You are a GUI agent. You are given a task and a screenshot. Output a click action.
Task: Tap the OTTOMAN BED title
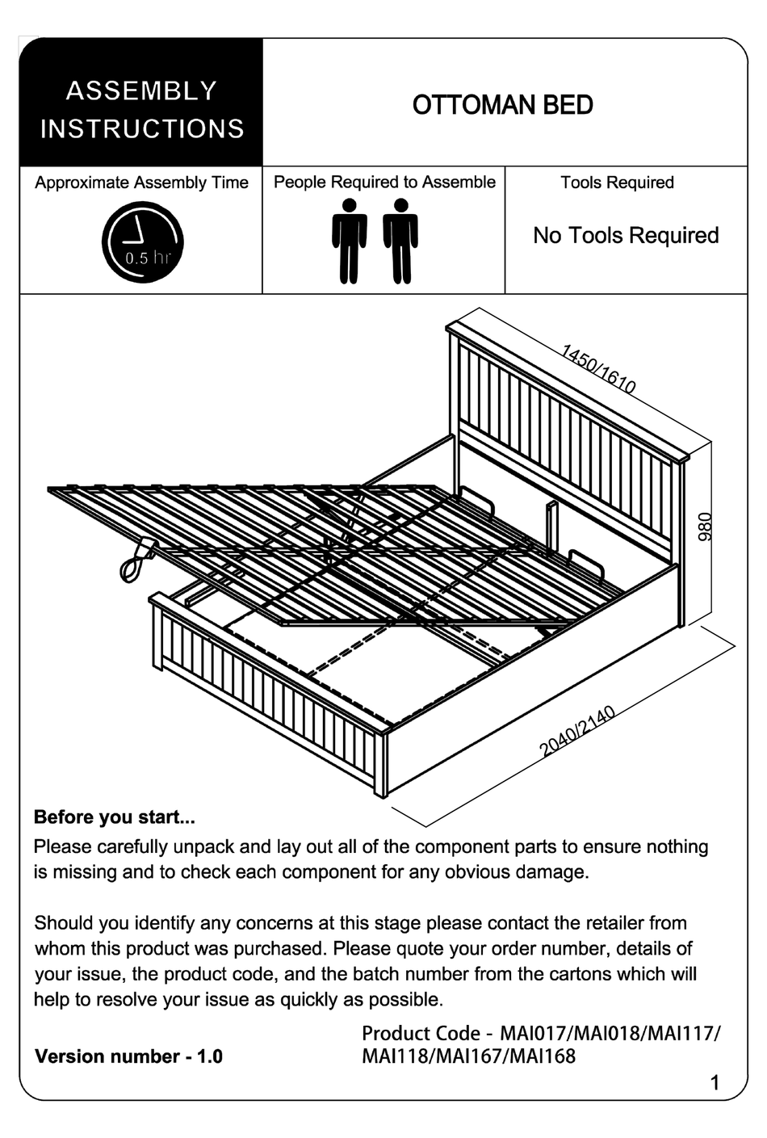point(502,105)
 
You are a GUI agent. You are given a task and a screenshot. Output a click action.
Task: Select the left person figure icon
point(349,241)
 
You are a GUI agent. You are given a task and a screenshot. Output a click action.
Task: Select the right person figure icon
point(400,241)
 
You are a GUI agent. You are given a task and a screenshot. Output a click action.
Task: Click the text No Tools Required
point(626,236)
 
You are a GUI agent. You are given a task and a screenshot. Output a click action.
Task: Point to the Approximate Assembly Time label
point(141,183)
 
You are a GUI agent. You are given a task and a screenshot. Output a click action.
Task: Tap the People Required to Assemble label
point(384,183)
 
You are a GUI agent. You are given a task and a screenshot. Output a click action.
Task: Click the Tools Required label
point(617,183)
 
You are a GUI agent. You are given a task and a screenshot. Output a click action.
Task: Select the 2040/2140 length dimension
point(577,732)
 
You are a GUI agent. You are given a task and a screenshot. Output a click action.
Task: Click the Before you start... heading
point(114,817)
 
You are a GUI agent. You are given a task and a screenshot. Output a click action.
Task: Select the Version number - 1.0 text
point(128,1056)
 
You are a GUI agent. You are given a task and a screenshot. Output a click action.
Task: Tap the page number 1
point(714,1083)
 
